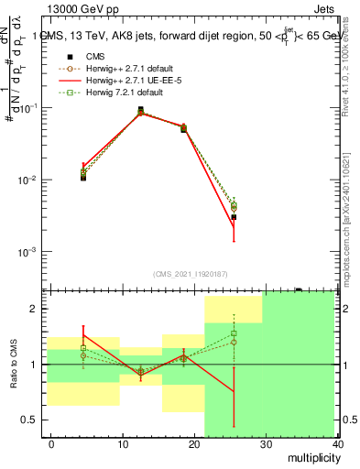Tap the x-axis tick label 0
(x=51, y=443)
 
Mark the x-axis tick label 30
(x=266, y=443)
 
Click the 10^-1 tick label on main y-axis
(x=29, y=108)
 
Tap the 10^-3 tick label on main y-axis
(x=29, y=252)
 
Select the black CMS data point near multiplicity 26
(x=234, y=217)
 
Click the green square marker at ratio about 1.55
(x=234, y=333)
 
